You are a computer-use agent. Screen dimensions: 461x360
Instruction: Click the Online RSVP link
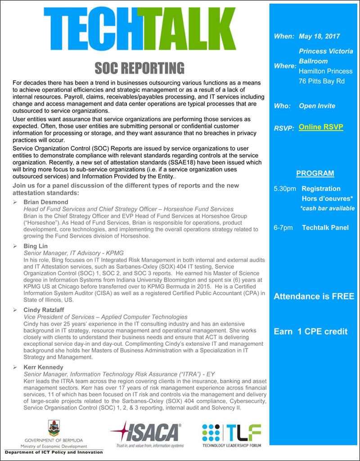(x=321, y=127)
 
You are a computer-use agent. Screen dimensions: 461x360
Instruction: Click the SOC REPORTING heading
(x=139, y=68)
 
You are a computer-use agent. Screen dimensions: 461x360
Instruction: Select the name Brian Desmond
(x=46, y=202)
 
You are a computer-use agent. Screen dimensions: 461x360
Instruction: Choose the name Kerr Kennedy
(x=43, y=367)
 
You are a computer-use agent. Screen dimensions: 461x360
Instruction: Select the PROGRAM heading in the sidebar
(x=315, y=173)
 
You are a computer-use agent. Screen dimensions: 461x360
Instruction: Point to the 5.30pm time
(x=285, y=189)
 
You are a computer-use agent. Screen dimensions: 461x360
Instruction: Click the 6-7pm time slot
(x=283, y=227)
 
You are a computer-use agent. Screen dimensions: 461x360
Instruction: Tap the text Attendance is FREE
(x=314, y=296)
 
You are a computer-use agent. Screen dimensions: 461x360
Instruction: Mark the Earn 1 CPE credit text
(x=310, y=331)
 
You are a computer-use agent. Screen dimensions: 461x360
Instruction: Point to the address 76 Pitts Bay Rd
(x=322, y=81)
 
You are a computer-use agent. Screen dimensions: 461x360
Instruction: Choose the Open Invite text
(x=317, y=106)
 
